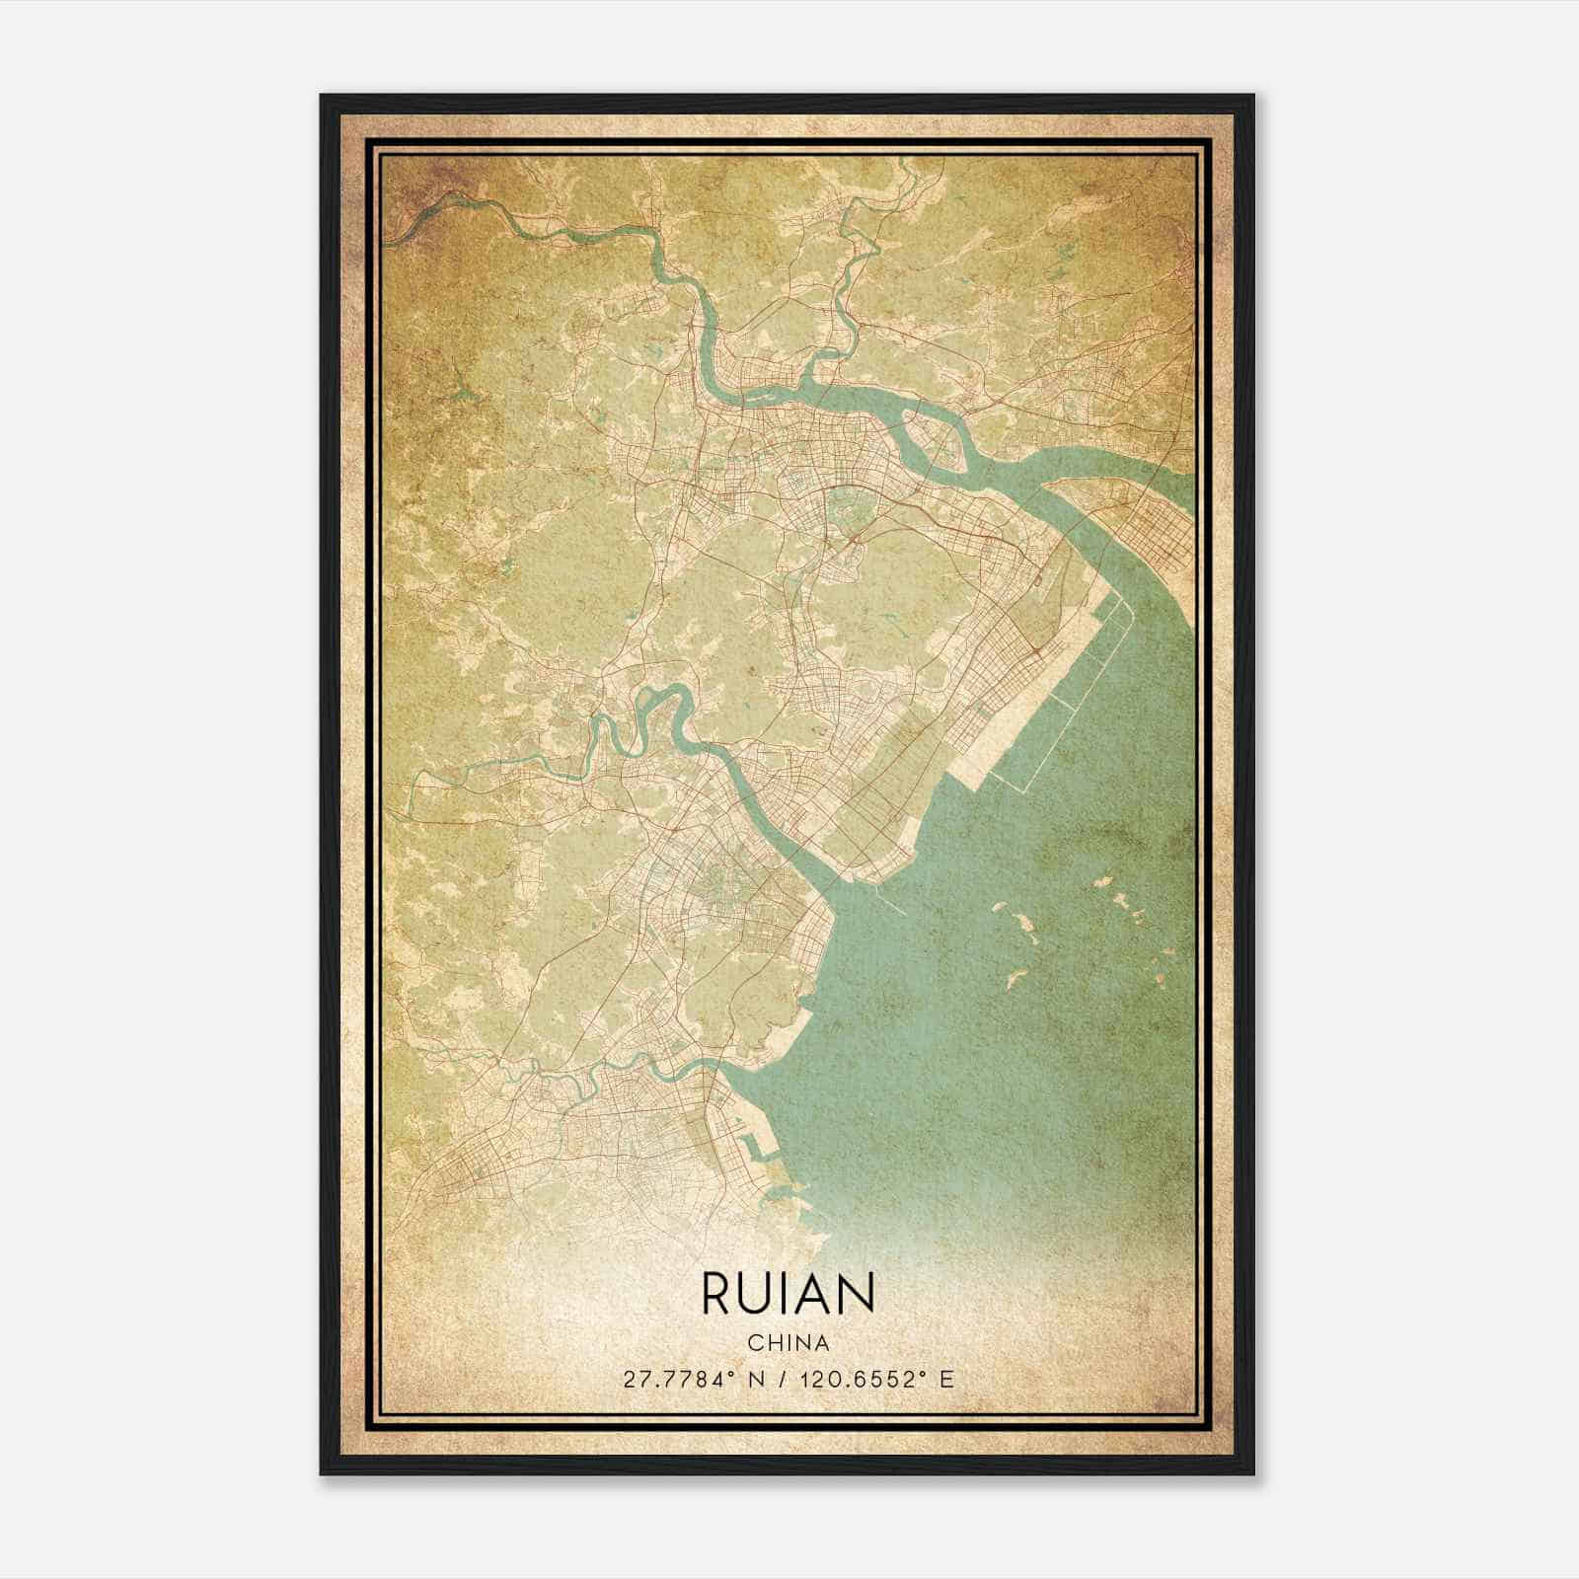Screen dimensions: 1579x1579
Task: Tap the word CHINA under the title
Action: click(x=789, y=1342)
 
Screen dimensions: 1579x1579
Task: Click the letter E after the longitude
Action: click(x=946, y=1379)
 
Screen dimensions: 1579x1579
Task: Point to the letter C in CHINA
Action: click(x=754, y=1342)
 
